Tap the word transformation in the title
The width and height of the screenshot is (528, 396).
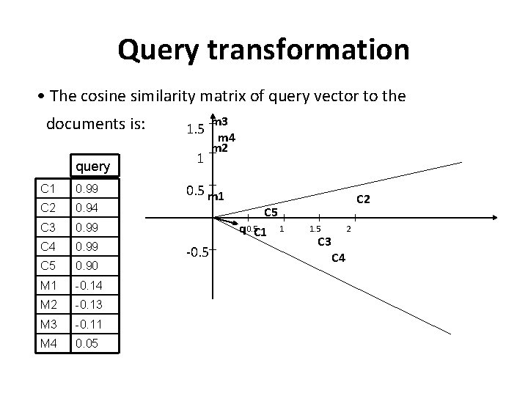309,50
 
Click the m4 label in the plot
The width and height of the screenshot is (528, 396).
226,137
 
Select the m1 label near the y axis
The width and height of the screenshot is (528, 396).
216,196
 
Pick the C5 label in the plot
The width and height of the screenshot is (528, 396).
271,213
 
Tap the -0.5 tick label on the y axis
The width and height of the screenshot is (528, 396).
195,254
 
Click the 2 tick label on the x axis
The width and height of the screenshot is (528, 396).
349,230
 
